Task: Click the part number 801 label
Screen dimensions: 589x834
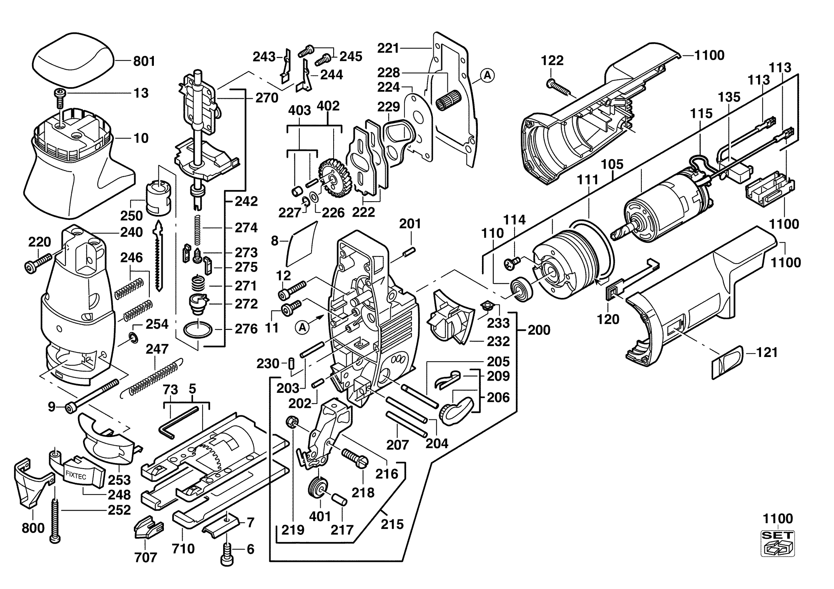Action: point(144,62)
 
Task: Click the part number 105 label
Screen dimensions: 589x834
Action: point(612,164)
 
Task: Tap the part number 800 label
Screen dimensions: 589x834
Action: point(33,528)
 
